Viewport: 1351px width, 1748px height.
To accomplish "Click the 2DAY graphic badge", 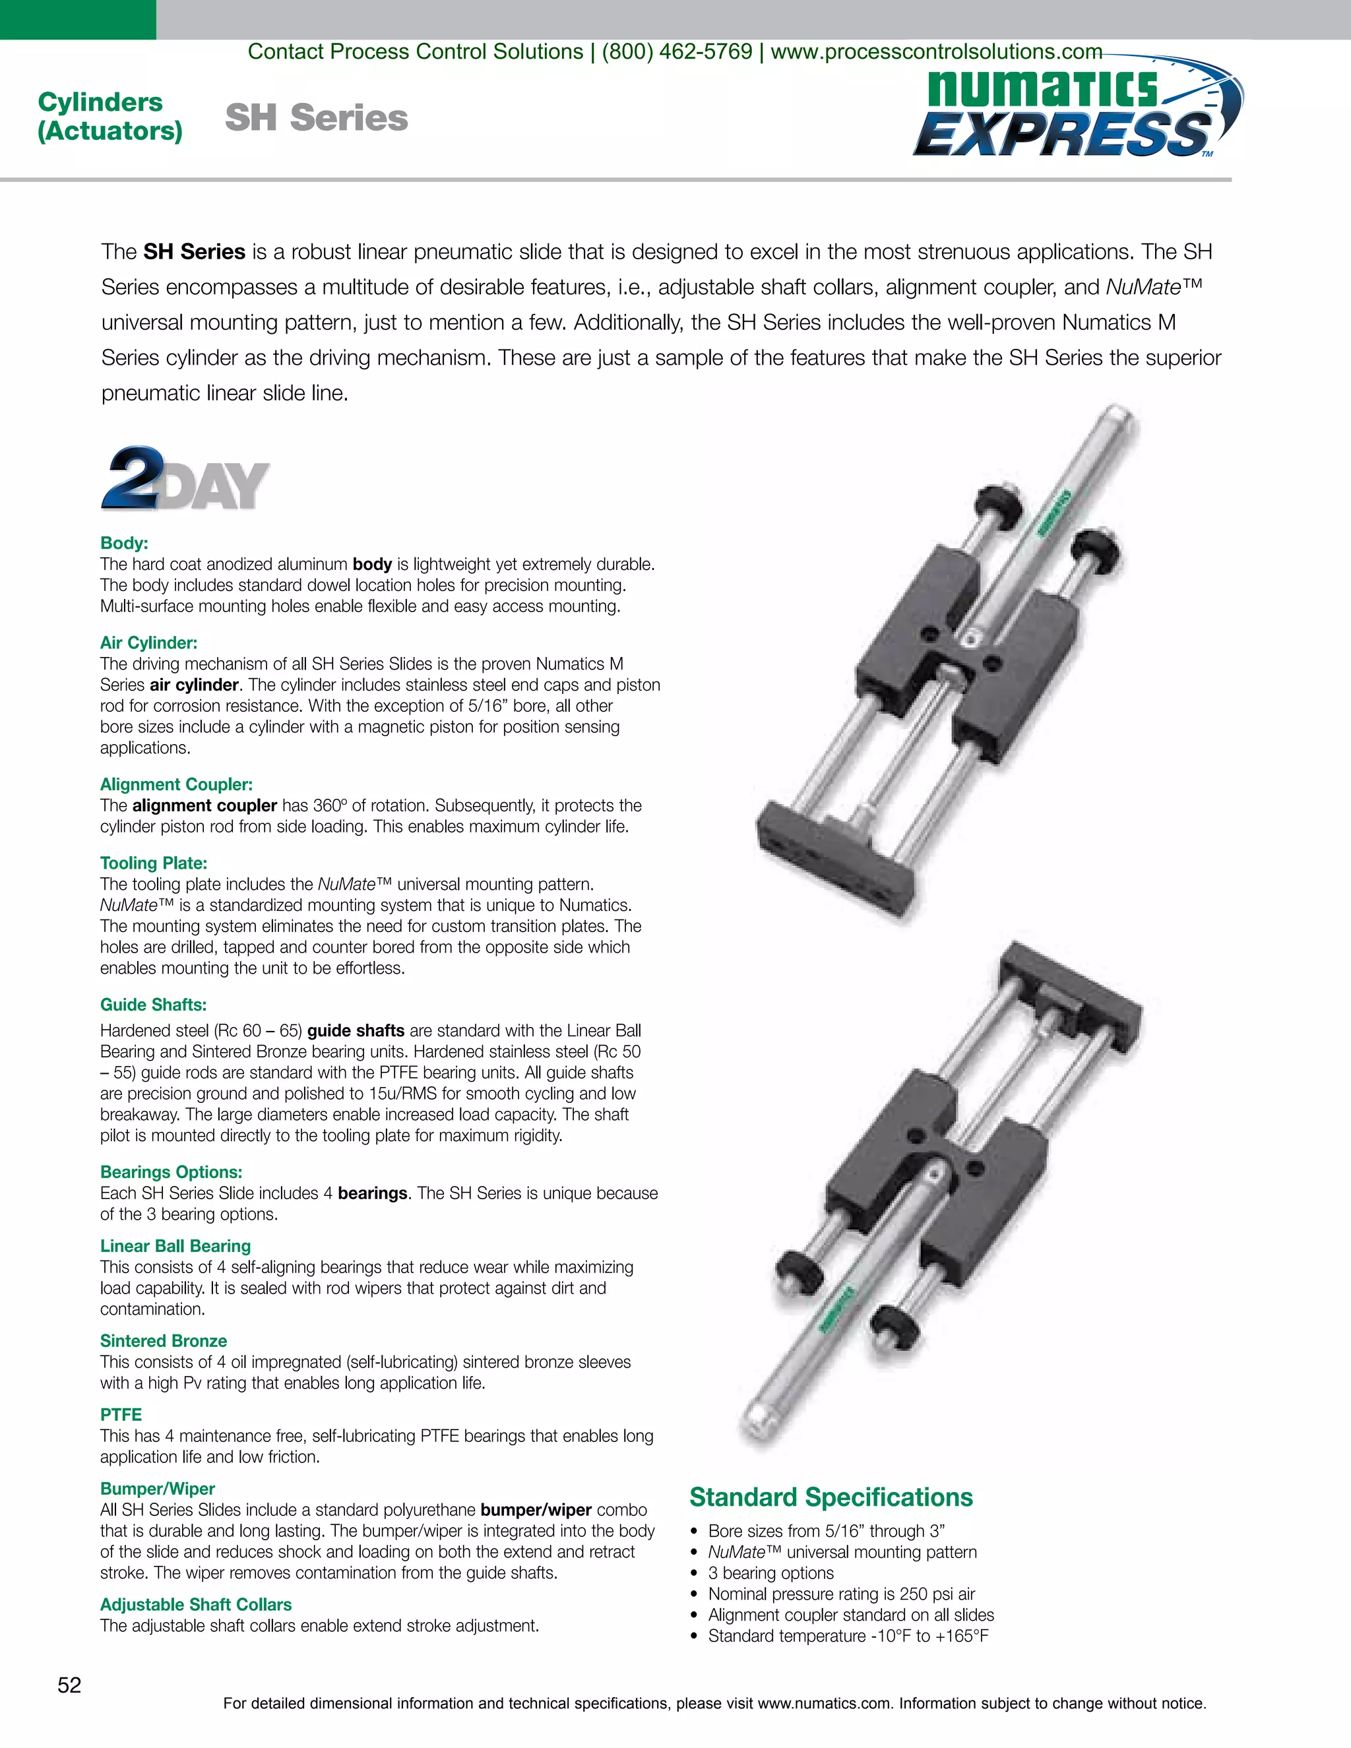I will [x=185, y=480].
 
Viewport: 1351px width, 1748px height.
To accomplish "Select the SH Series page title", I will [x=316, y=117].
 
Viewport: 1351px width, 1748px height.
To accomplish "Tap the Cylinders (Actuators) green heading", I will [x=110, y=116].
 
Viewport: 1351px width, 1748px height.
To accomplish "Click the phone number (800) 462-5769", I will [x=676, y=52].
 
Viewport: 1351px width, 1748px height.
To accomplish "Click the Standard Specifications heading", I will [x=831, y=1497].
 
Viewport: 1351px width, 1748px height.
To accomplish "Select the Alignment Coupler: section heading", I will [x=176, y=784].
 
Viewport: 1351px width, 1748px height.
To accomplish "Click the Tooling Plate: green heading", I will [x=154, y=863].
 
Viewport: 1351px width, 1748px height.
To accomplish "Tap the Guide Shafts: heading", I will [x=154, y=1005].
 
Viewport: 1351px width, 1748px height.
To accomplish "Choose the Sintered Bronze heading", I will [x=164, y=1340].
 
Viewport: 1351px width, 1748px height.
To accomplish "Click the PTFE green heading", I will [x=121, y=1414].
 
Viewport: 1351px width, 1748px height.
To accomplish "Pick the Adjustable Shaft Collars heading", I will [x=195, y=1604].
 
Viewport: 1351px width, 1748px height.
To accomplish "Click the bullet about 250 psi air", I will [x=841, y=1594].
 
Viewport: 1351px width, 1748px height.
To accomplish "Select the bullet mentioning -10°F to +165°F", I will [x=848, y=1635].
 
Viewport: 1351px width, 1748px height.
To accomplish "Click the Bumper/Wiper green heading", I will [x=158, y=1489].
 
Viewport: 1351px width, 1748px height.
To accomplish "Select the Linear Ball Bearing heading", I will [x=175, y=1245].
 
